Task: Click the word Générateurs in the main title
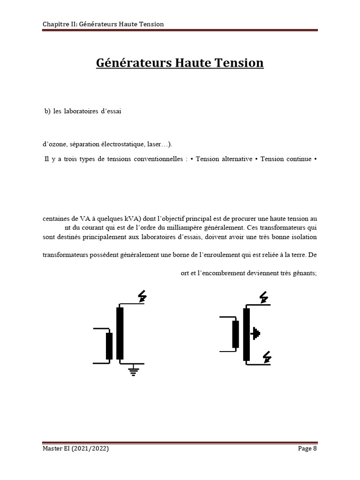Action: pos(130,62)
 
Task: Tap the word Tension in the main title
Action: pos(240,62)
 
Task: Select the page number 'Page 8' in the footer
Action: pos(307,449)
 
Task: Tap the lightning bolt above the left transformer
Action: pos(142,296)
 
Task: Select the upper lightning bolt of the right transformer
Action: pos(264,297)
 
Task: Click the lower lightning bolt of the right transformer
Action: pos(267,357)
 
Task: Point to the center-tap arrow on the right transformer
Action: pos(255,333)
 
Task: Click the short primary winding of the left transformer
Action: pos(109,346)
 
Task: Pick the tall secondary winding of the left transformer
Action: pos(120,333)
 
